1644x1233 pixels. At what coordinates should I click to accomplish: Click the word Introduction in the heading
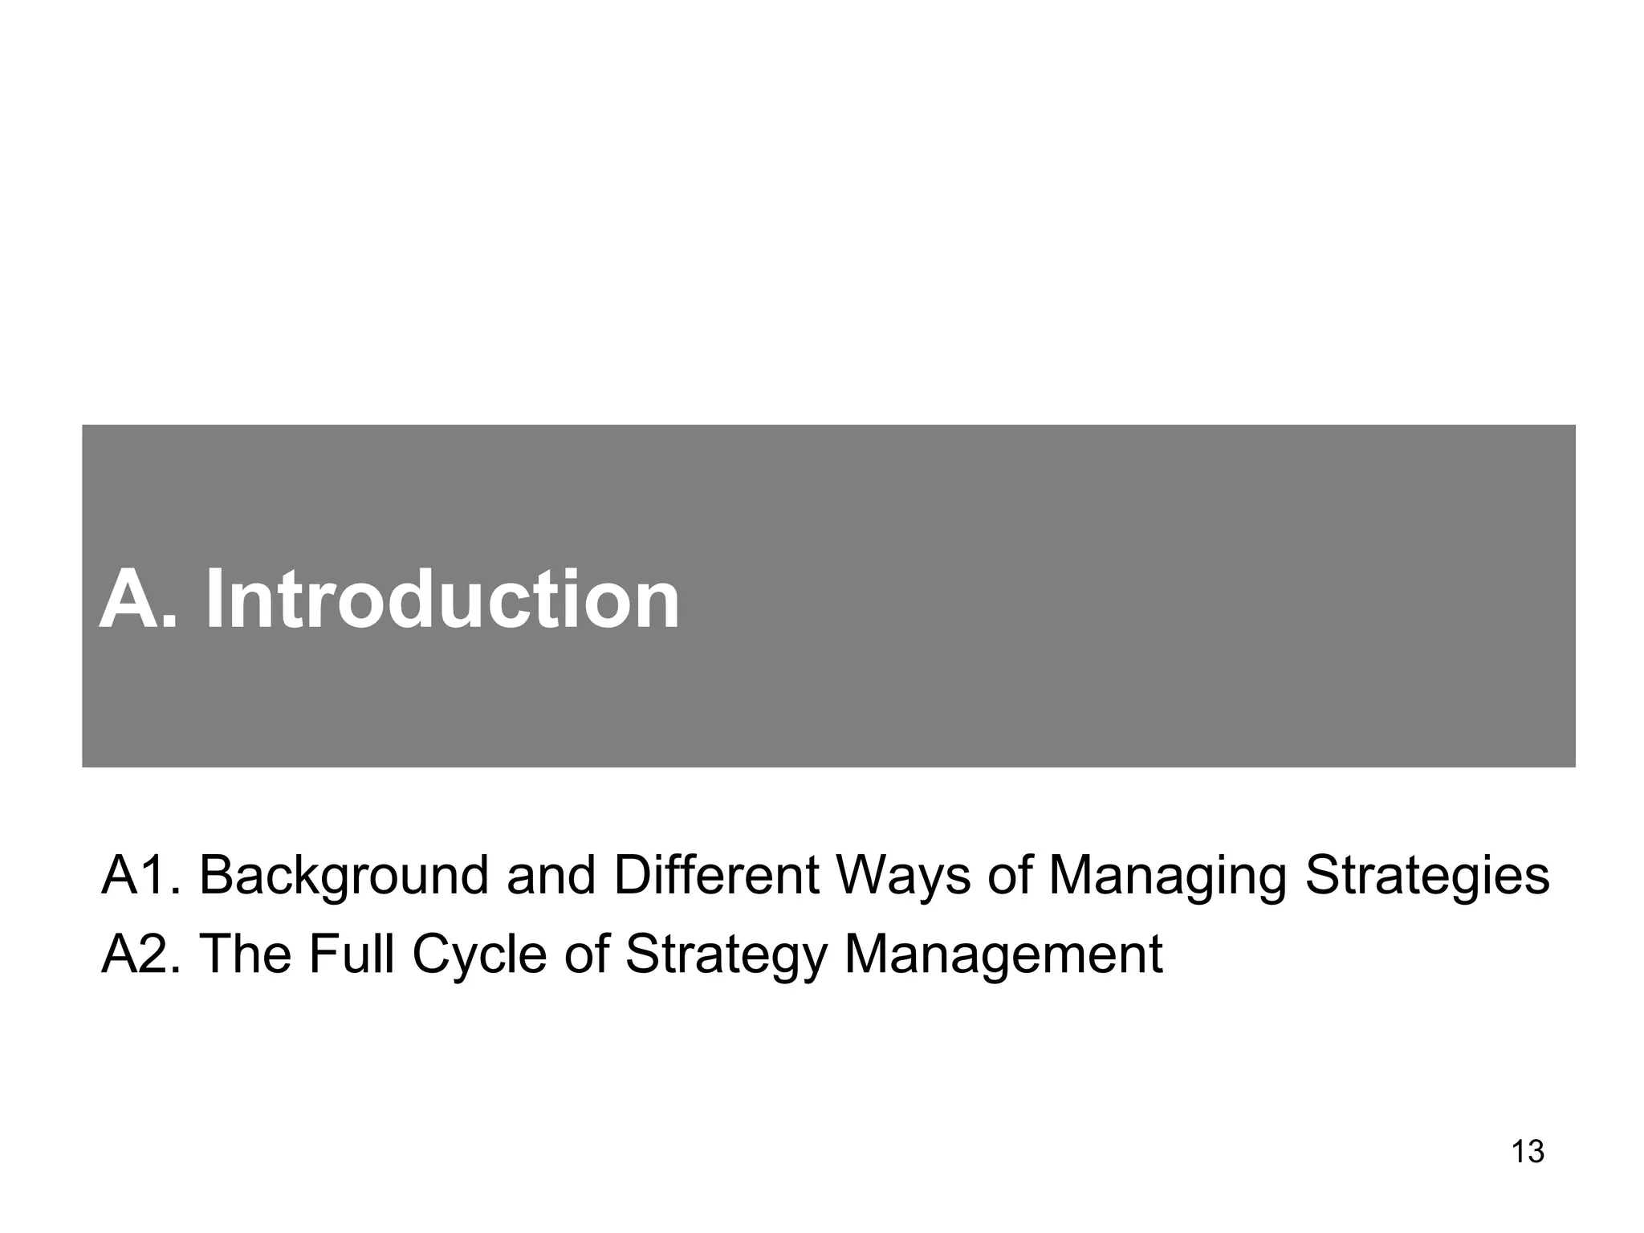[442, 600]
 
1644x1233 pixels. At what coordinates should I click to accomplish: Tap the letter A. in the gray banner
[137, 600]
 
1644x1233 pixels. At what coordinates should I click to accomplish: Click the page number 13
[1528, 1152]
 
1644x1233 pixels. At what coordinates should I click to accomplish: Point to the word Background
[344, 877]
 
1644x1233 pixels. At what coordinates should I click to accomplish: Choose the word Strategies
[1426, 877]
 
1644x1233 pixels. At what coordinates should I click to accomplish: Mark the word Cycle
[479, 955]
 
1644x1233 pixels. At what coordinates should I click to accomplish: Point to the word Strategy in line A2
[726, 955]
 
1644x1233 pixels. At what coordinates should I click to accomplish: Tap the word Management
[1003, 954]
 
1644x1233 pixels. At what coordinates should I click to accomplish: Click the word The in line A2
[244, 954]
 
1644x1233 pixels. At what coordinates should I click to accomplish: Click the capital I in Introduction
[214, 600]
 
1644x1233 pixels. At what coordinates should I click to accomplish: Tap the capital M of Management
[866, 954]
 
